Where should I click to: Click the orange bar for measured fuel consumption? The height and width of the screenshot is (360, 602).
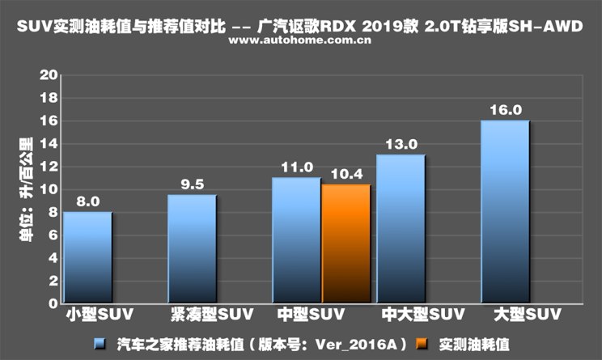pyautogui.click(x=346, y=243)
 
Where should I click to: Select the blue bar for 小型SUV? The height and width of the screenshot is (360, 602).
pyautogui.click(x=87, y=256)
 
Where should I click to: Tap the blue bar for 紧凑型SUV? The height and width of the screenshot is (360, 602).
pyautogui.click(x=192, y=248)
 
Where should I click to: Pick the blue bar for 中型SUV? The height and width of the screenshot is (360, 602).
pyautogui.click(x=296, y=239)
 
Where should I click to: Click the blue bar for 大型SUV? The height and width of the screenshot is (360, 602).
pyautogui.click(x=505, y=211)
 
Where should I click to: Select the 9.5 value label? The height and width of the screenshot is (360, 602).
pyautogui.click(x=192, y=185)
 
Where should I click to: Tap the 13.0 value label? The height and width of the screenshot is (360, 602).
pyautogui.click(x=401, y=145)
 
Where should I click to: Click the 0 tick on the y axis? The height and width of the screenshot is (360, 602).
pyautogui.click(x=52, y=303)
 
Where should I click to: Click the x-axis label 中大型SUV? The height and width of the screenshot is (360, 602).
pyautogui.click(x=408, y=313)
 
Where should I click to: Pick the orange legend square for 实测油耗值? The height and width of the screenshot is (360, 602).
pyautogui.click(x=421, y=344)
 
